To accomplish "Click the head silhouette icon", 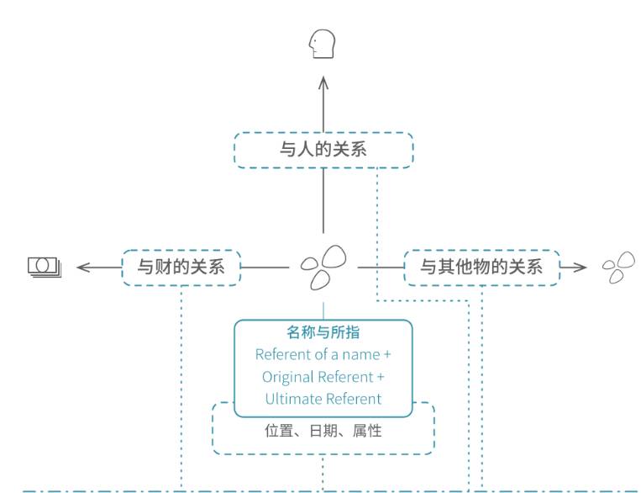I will [x=322, y=44].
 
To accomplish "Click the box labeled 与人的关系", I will [x=323, y=150].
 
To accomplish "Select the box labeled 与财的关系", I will [x=181, y=267].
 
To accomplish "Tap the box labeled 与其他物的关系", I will [x=481, y=267].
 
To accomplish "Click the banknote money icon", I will [x=45, y=267].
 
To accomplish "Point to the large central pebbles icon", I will [x=323, y=266].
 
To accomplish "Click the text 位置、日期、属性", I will [x=323, y=431].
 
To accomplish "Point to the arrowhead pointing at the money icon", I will [x=82, y=267].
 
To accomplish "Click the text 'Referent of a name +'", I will [x=323, y=355].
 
